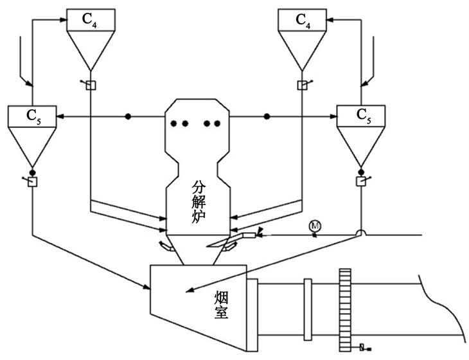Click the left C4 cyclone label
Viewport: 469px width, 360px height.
tap(89, 20)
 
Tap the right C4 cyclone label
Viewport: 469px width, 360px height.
tap(303, 20)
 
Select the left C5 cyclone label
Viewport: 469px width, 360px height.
tap(34, 116)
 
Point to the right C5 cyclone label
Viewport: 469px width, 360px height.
tap(364, 115)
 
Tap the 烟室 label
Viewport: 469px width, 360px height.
tap(222, 305)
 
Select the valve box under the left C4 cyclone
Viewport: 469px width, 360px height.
tap(91, 85)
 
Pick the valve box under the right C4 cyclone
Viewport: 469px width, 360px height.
tap(302, 85)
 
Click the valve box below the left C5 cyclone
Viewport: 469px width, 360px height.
tap(32, 182)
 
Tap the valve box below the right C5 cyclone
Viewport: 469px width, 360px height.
tap(361, 181)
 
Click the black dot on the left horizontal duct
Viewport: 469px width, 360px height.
tap(128, 116)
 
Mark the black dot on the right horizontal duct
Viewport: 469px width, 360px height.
tap(267, 116)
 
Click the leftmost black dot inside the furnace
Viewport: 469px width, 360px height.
tap(173, 123)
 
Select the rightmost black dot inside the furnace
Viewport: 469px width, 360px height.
tap(217, 123)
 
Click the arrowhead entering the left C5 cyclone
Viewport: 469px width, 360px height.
tap(60, 116)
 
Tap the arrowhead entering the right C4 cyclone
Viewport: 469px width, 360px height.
tap(331, 20)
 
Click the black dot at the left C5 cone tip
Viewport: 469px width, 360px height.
tap(32, 172)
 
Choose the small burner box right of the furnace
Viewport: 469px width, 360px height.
tap(250, 235)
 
